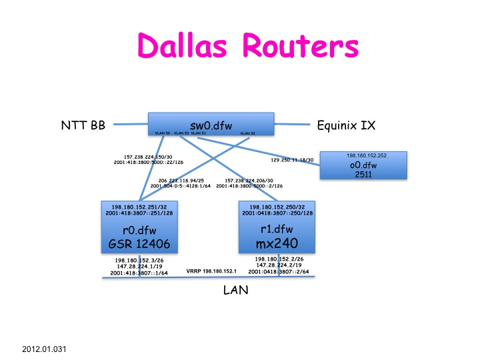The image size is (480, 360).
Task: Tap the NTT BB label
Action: [x=79, y=123]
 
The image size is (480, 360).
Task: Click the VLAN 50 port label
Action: [x=163, y=133]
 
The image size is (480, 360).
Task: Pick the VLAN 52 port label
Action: [x=248, y=133]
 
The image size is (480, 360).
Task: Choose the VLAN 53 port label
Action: [x=181, y=133]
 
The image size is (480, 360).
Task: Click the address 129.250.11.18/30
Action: [x=291, y=160]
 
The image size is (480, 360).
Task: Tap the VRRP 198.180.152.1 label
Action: [x=212, y=271]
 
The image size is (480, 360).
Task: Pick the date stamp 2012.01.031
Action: [x=44, y=349]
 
